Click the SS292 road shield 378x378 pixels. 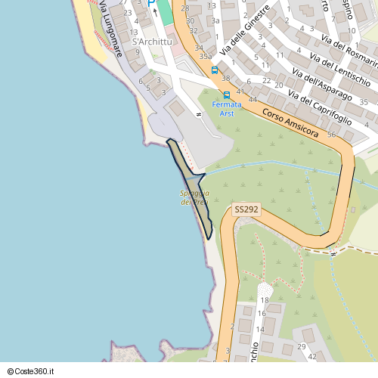246,209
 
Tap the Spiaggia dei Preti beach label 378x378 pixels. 194,197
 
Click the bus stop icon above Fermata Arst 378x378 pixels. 227,95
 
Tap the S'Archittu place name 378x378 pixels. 151,42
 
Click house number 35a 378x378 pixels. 205,56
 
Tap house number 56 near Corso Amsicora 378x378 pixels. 332,134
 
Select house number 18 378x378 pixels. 265,300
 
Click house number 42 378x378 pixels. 311,355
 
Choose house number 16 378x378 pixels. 261,313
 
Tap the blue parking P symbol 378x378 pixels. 150,5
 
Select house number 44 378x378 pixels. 253,100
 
